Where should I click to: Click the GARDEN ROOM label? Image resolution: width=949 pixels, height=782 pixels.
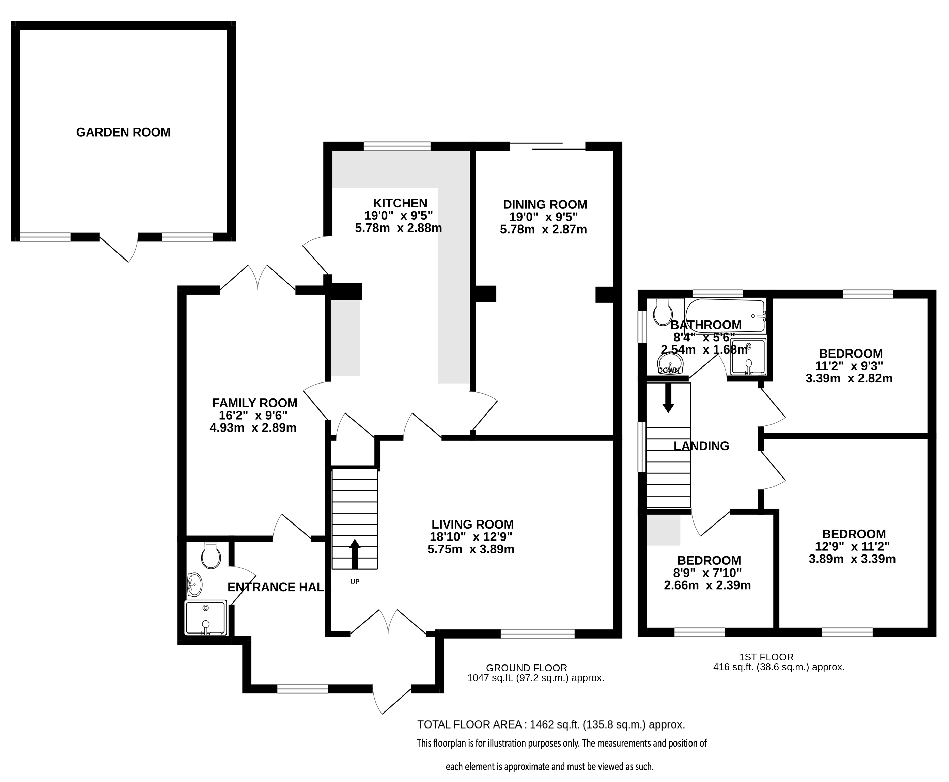click(x=123, y=132)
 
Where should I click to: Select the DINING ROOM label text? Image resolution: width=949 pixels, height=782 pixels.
click(x=545, y=204)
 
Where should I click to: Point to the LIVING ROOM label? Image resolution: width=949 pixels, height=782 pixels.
click(x=472, y=524)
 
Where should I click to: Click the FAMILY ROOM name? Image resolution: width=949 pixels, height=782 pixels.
click(x=255, y=403)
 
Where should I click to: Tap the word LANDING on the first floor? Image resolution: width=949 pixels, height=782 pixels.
click(x=701, y=446)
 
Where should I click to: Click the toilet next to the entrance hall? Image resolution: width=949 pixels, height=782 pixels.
click(x=211, y=556)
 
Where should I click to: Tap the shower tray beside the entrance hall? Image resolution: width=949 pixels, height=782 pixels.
click(x=206, y=617)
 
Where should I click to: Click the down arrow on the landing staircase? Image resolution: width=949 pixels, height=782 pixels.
click(x=668, y=398)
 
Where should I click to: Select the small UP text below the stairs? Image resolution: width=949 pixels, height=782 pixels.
click(x=355, y=581)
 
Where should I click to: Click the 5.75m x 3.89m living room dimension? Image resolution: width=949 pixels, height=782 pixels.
click(x=471, y=549)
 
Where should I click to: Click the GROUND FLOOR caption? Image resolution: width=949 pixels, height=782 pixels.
click(x=527, y=668)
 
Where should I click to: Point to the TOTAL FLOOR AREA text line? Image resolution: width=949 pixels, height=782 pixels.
click(x=551, y=724)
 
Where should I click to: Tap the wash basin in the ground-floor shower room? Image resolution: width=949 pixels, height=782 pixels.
click(x=195, y=584)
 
